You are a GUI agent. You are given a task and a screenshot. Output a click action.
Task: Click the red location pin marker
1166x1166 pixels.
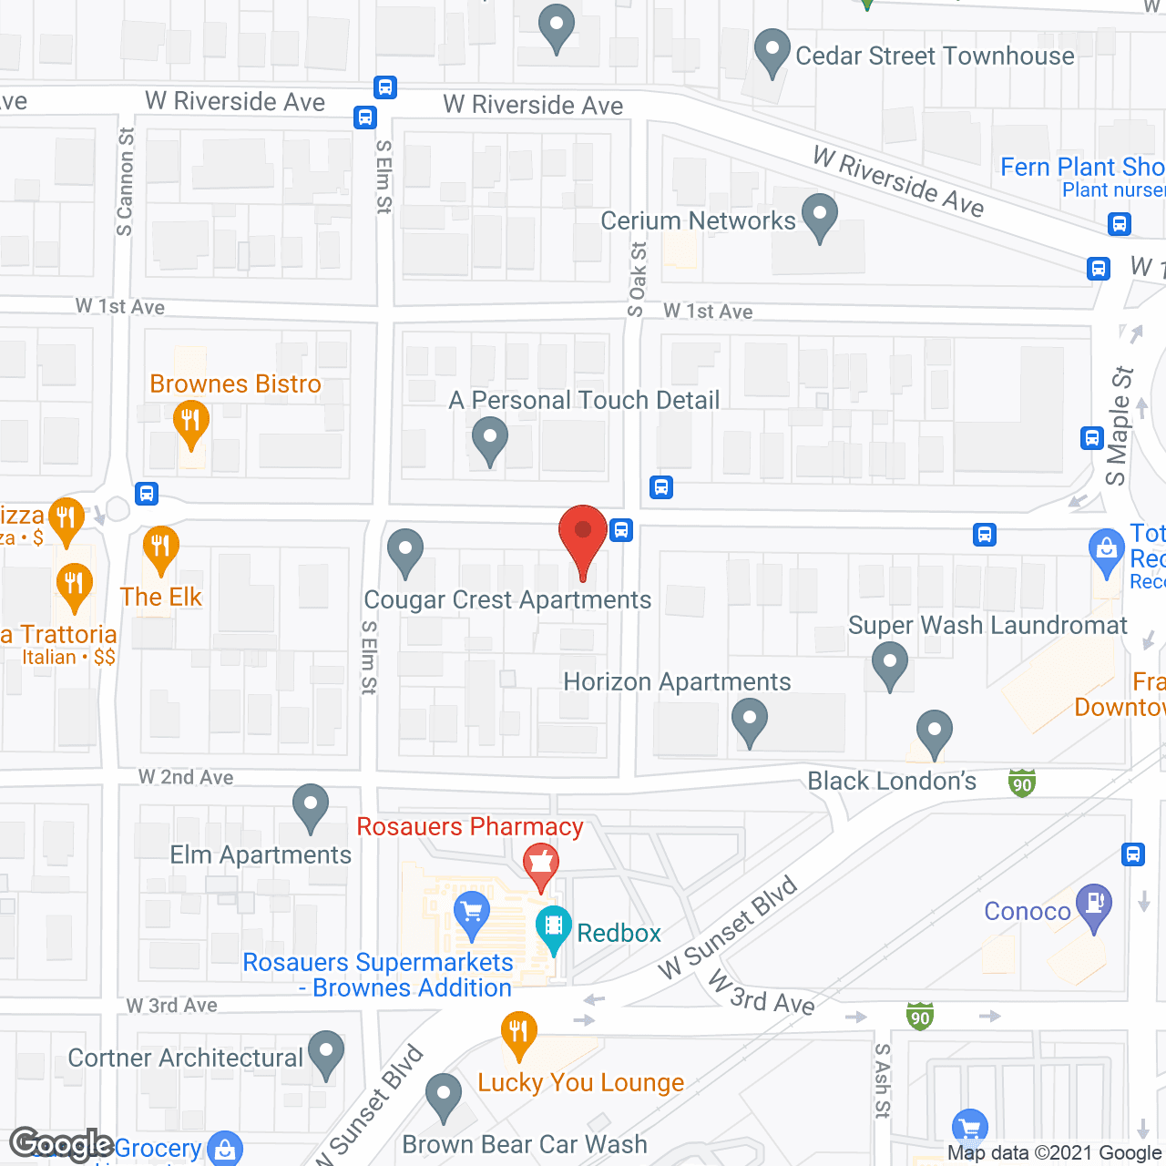[582, 537]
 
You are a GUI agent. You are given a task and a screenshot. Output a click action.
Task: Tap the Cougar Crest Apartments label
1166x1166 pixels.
[507, 600]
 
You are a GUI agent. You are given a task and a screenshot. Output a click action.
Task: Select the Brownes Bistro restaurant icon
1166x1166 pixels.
[191, 423]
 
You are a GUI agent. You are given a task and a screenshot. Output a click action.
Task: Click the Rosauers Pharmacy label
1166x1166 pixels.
[469, 827]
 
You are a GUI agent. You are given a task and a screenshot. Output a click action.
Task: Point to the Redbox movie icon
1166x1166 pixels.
[553, 928]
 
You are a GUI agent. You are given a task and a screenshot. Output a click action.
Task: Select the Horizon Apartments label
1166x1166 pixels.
[677, 682]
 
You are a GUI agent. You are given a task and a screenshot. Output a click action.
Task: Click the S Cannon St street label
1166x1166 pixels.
[125, 181]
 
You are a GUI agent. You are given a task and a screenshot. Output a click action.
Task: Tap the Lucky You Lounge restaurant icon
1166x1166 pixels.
[518, 1033]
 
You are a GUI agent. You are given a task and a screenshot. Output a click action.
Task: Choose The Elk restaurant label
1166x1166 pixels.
[161, 598]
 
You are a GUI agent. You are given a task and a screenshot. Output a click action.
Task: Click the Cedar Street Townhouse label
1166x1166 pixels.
[935, 56]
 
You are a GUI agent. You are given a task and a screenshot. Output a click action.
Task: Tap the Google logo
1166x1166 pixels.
[61, 1145]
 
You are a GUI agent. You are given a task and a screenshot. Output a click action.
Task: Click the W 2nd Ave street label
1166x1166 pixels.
[186, 777]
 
